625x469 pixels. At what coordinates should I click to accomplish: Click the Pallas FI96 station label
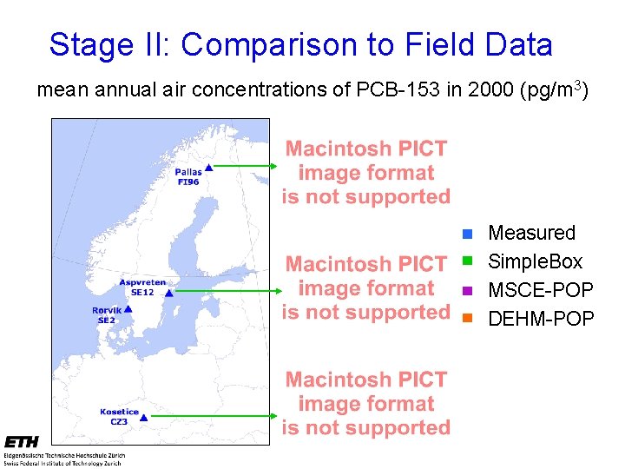187,177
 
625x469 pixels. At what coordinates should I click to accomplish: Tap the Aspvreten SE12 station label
142,287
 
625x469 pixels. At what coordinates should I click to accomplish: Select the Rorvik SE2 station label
107,315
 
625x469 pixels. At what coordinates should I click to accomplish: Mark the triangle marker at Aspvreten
169,294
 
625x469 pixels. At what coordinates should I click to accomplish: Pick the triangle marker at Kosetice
145,417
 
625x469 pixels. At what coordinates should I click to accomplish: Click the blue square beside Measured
466,234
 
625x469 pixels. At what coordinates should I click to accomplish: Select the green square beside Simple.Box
466,261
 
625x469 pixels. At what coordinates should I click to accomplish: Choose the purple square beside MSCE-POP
466,290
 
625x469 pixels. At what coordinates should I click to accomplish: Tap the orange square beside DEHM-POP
466,319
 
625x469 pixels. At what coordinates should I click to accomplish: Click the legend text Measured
531,233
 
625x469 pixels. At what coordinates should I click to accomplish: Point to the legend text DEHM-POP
541,319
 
